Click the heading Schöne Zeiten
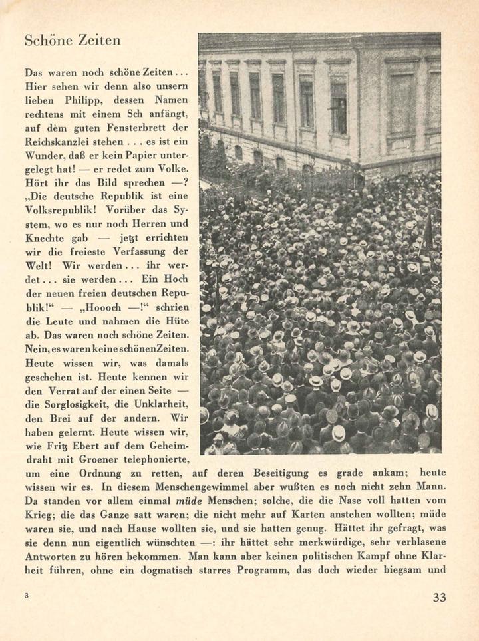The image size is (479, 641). pyautogui.click(x=72, y=40)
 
